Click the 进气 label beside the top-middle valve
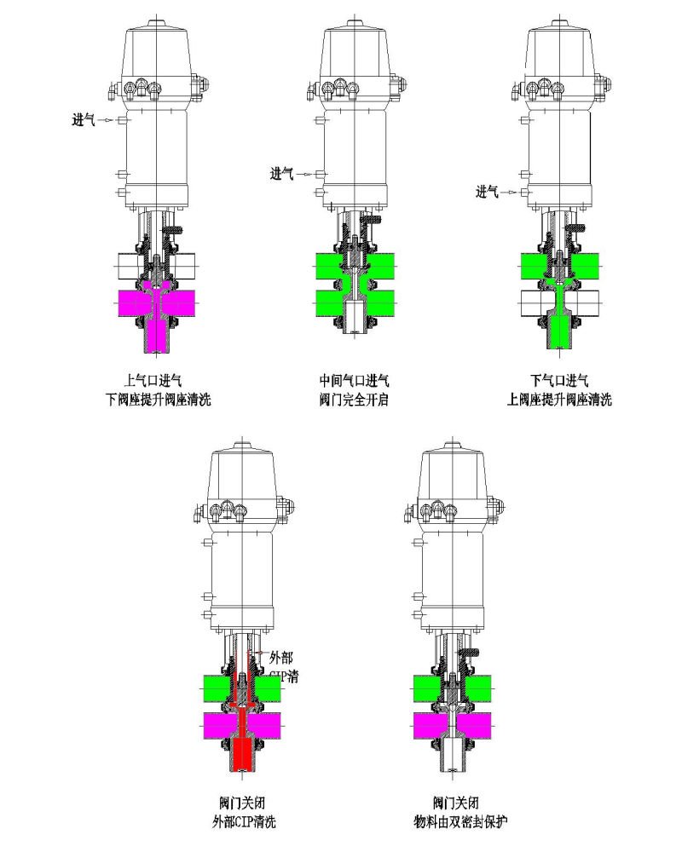coord(282,174)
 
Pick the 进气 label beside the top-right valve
coord(487,192)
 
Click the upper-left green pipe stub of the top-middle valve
coord(330,265)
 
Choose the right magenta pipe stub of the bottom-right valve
coord(480,725)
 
